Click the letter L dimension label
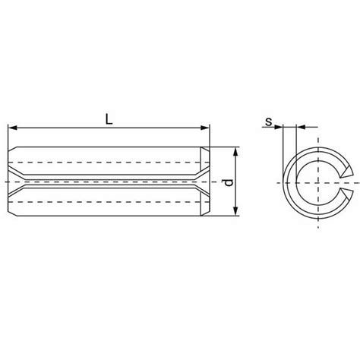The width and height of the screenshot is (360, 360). pyautogui.click(x=109, y=119)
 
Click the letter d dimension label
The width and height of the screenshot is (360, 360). pyautogui.click(x=229, y=182)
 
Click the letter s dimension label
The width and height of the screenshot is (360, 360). pyautogui.click(x=268, y=122)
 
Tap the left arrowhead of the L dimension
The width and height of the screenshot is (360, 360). pyautogui.click(x=12, y=128)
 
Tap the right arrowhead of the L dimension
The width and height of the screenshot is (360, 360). pyautogui.click(x=205, y=128)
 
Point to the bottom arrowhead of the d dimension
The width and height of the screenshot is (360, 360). pyautogui.click(x=235, y=211)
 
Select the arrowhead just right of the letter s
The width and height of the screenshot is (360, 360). pyautogui.click(x=278, y=127)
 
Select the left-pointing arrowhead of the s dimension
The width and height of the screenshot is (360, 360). pyautogui.click(x=301, y=127)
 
